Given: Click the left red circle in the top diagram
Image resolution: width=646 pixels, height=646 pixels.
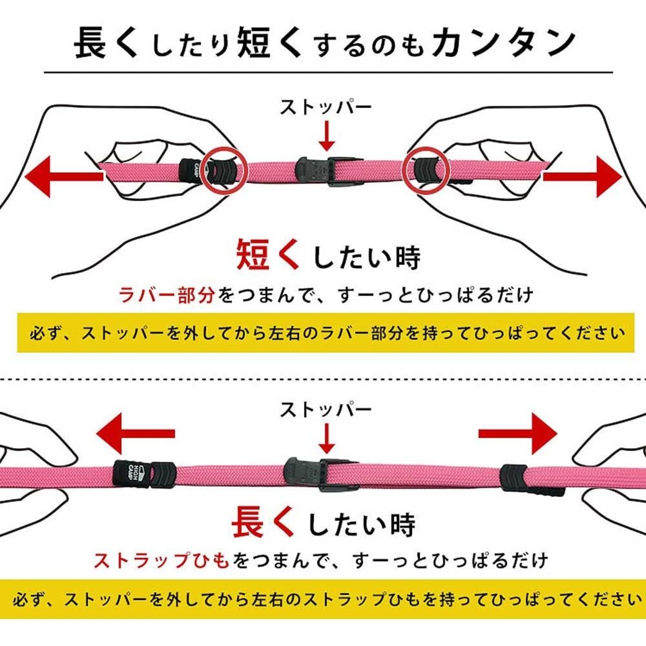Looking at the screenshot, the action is tap(225, 170).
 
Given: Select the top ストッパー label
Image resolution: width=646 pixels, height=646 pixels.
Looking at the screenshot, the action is tap(326, 107).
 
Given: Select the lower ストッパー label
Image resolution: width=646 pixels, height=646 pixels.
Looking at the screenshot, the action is tap(326, 409).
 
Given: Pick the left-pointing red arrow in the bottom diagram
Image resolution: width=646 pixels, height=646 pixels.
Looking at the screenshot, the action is tap(134, 433).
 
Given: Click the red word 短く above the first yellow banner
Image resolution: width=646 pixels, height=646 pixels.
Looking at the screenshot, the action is tap(267, 255).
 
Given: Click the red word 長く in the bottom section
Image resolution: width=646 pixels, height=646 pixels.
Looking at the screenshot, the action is tap(262, 523).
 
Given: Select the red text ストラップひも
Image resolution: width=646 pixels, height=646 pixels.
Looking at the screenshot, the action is tap(161, 560).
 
